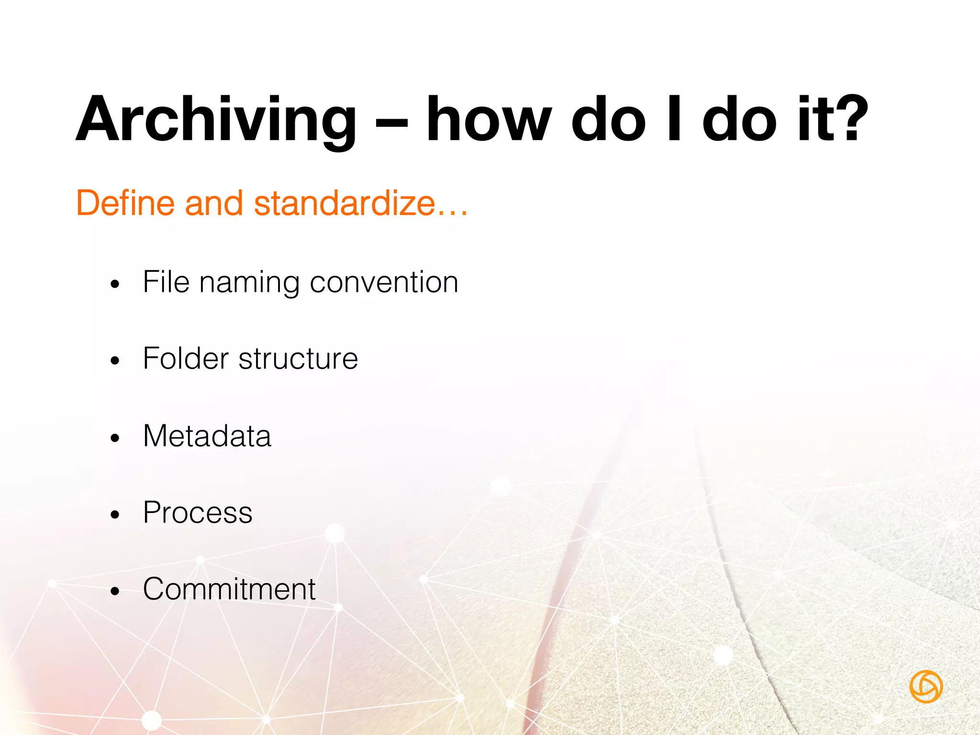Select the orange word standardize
coord(345,203)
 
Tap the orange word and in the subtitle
coord(214,203)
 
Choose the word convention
coord(384,282)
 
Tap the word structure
coord(298,359)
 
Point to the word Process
coord(198,512)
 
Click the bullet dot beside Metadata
coord(114,438)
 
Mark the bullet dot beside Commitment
coord(114,591)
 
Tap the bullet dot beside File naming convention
coord(114,285)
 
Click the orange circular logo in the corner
coord(926,687)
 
